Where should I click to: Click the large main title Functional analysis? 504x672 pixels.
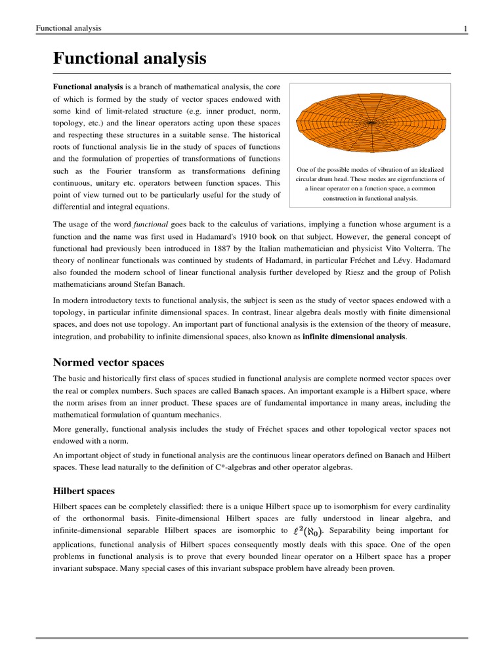click(x=129, y=59)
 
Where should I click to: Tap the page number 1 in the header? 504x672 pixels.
click(x=465, y=28)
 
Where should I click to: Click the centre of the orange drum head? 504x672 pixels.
click(x=370, y=122)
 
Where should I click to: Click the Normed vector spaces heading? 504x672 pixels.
click(x=108, y=362)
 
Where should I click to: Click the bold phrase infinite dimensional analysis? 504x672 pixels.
click(x=354, y=337)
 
